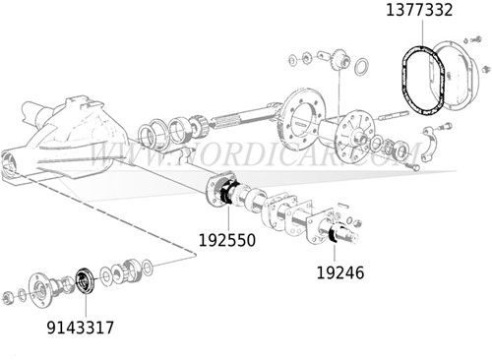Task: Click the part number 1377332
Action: click(x=420, y=11)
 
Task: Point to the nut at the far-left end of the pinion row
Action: click(x=10, y=295)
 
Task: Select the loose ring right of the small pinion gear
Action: click(x=361, y=67)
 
